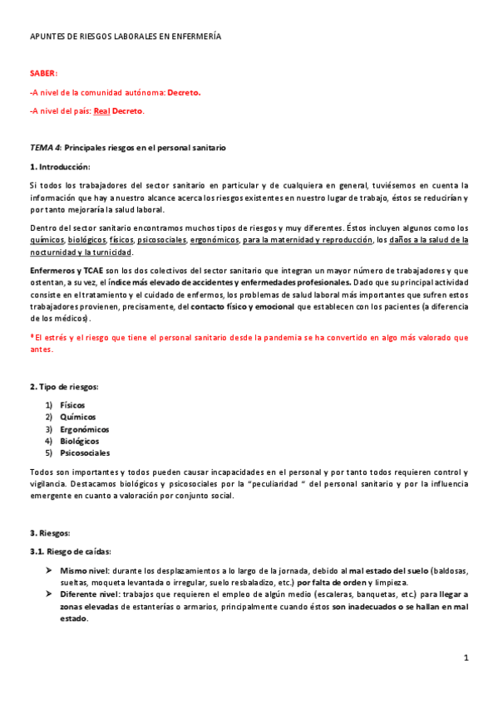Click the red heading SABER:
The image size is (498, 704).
tap(43, 74)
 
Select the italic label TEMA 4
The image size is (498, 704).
tap(45, 148)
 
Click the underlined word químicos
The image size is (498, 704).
tap(47, 240)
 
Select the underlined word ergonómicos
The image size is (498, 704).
tap(214, 240)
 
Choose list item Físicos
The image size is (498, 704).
tap(72, 405)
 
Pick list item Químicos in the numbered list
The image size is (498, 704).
tap(77, 417)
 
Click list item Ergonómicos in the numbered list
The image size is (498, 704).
tap(84, 429)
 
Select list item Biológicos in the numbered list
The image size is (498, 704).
tap(80, 441)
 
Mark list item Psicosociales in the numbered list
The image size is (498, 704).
tap(85, 453)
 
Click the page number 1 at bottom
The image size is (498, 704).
tap(467, 658)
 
